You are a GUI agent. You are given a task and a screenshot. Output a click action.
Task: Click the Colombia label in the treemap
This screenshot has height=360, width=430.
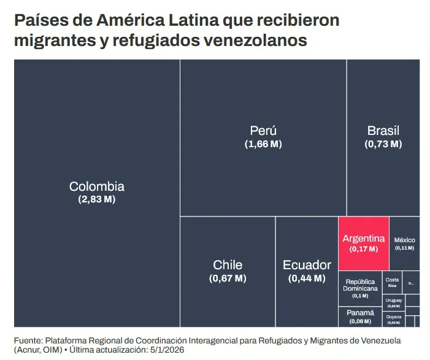97,186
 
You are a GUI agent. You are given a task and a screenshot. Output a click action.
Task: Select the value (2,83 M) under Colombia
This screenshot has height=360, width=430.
97,199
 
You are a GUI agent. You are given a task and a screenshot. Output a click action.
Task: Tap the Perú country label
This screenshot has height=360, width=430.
263,131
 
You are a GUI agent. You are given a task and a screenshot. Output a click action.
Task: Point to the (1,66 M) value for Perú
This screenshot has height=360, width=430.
263,144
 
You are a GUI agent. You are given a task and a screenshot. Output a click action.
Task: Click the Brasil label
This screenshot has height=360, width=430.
383,131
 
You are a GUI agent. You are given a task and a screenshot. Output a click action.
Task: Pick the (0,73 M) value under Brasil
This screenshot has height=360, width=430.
383,144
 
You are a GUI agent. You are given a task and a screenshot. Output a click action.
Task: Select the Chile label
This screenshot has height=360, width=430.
228,265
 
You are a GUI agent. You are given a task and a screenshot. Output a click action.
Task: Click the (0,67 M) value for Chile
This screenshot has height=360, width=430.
228,278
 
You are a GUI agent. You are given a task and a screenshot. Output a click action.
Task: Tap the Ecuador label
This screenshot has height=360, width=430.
307,265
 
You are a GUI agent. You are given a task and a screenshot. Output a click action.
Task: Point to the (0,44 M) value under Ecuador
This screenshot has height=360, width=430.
307,278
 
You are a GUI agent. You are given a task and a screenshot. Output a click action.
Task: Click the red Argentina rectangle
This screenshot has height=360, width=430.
364,243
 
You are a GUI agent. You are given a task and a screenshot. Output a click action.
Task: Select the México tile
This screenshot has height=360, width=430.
404,243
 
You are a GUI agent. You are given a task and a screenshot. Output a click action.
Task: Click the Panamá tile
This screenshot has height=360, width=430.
360,316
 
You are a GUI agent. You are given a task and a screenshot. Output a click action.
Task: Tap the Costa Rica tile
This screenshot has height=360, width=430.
392,283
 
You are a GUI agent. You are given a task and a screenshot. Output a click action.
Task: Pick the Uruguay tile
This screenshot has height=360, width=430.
393,302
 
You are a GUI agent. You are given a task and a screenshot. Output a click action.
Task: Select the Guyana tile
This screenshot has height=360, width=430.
393,319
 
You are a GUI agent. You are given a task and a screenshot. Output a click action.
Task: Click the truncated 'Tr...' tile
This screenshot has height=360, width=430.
411,283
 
